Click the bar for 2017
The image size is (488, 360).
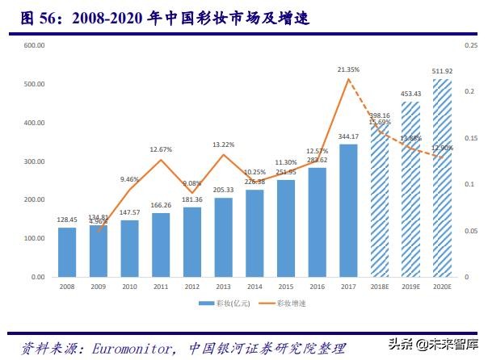pyautogui.click(x=348, y=211)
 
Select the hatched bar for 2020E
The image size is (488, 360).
pyautogui.click(x=442, y=178)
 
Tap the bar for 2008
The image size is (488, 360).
pyautogui.click(x=67, y=252)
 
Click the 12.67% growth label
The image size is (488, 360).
pyautogui.click(x=161, y=149)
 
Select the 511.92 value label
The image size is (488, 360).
pyautogui.click(x=442, y=71)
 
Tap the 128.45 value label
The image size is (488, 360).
pyautogui.click(x=67, y=219)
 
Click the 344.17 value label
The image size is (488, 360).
pyautogui.click(x=348, y=136)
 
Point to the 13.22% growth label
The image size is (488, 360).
pyautogui.click(x=224, y=144)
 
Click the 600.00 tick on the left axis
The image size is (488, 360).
pyautogui.click(x=34, y=46)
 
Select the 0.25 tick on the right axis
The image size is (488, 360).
pyautogui.click(x=471, y=46)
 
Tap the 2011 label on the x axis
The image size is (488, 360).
pyautogui.click(x=161, y=285)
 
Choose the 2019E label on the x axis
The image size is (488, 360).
pyautogui.click(x=410, y=285)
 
